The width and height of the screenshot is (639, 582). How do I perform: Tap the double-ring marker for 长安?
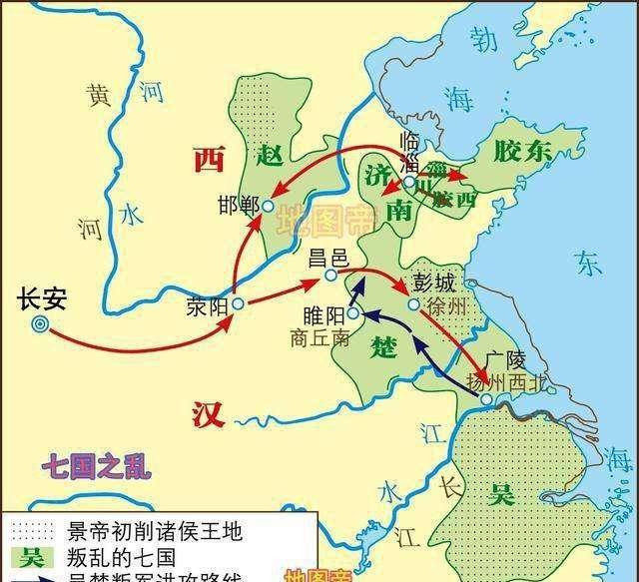tap(40, 322)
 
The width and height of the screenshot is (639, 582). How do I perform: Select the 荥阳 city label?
tap(208, 307)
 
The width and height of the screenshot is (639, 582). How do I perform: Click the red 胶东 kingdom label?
tap(520, 151)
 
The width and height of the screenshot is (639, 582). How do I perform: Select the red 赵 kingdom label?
tap(271, 155)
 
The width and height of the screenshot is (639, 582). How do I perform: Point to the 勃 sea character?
tap(483, 41)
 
